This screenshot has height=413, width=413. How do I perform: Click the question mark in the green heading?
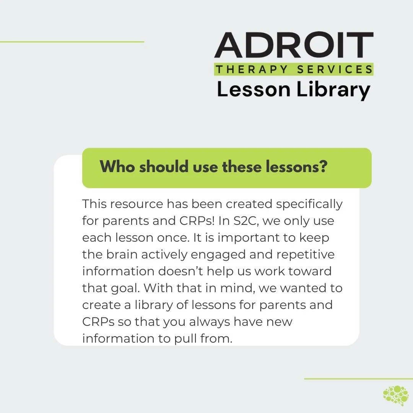pyautogui.click(x=324, y=167)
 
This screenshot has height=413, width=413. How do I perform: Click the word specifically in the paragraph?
pyautogui.click(x=309, y=204)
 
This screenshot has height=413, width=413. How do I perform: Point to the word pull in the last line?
pyautogui.click(x=189, y=338)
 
